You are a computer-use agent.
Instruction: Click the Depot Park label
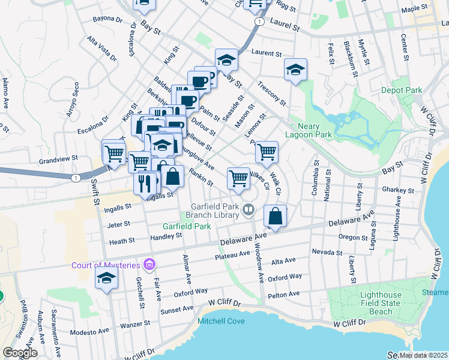coord(402,90)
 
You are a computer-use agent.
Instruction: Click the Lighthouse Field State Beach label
coord(381,304)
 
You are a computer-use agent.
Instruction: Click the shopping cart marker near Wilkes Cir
coord(239,178)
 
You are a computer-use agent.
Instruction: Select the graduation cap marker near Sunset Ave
coord(106,278)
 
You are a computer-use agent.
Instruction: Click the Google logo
coord(20,353)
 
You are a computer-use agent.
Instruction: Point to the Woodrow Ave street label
coord(261,263)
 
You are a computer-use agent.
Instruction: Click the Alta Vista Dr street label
coord(101,48)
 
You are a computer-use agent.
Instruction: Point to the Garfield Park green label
coord(187,226)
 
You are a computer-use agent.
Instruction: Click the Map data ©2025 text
coord(424,355)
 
